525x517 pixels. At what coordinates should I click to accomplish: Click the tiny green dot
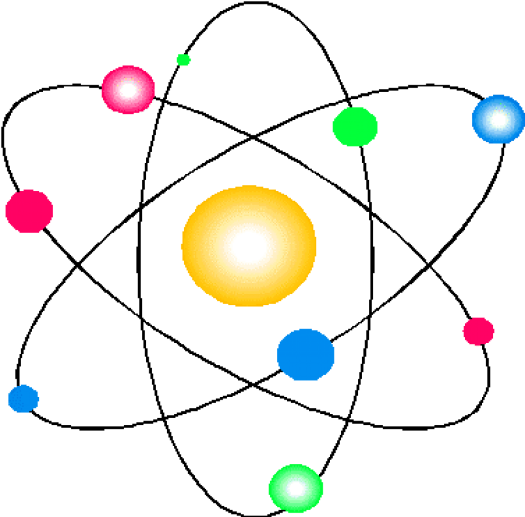click(183, 60)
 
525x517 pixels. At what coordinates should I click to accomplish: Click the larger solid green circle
click(355, 127)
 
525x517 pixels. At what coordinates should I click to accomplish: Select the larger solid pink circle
click(29, 211)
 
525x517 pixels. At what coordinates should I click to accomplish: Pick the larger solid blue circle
click(305, 355)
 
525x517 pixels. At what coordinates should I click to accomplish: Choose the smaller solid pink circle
click(478, 331)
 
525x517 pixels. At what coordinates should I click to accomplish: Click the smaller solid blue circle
click(23, 398)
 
